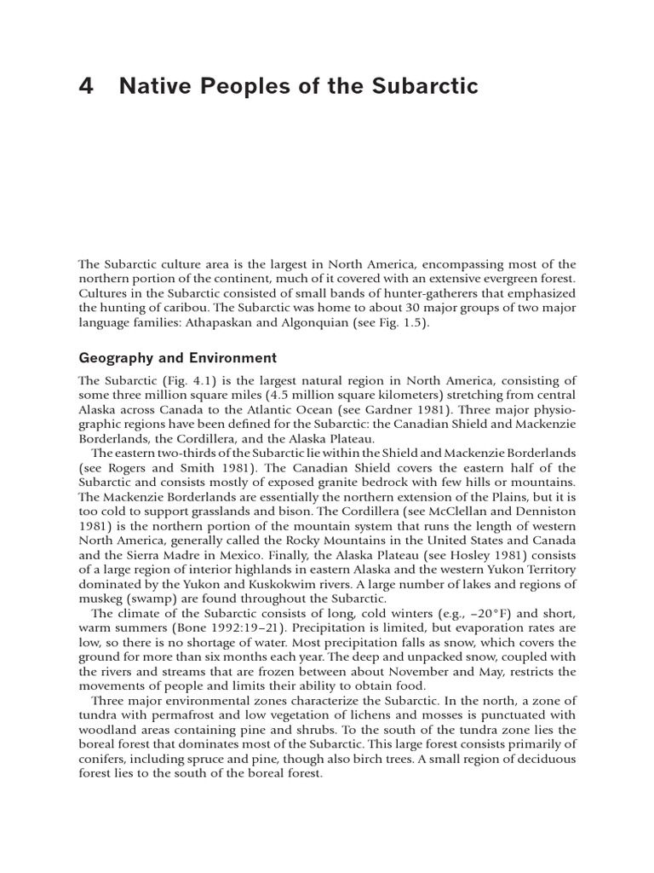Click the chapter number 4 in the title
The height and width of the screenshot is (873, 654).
[84, 86]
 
